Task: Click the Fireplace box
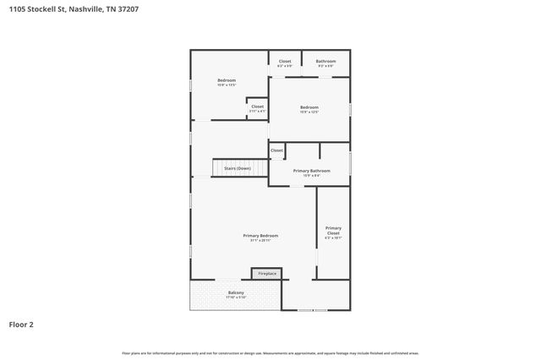[267, 274]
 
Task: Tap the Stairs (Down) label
[237, 168]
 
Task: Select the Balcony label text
[236, 292]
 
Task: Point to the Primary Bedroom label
[260, 235]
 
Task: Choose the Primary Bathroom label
[311, 171]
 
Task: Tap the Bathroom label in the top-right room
[326, 61]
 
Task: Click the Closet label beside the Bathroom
[285, 61]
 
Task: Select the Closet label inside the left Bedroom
[257, 106]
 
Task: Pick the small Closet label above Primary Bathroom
[276, 150]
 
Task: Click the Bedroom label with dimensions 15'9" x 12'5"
[309, 107]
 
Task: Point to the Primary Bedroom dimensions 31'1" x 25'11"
[260, 241]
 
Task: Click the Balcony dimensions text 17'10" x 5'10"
[236, 297]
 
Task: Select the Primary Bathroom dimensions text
[311, 176]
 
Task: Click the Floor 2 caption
[21, 323]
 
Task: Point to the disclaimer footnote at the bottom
[270, 353]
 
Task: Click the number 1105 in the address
[16, 9]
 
